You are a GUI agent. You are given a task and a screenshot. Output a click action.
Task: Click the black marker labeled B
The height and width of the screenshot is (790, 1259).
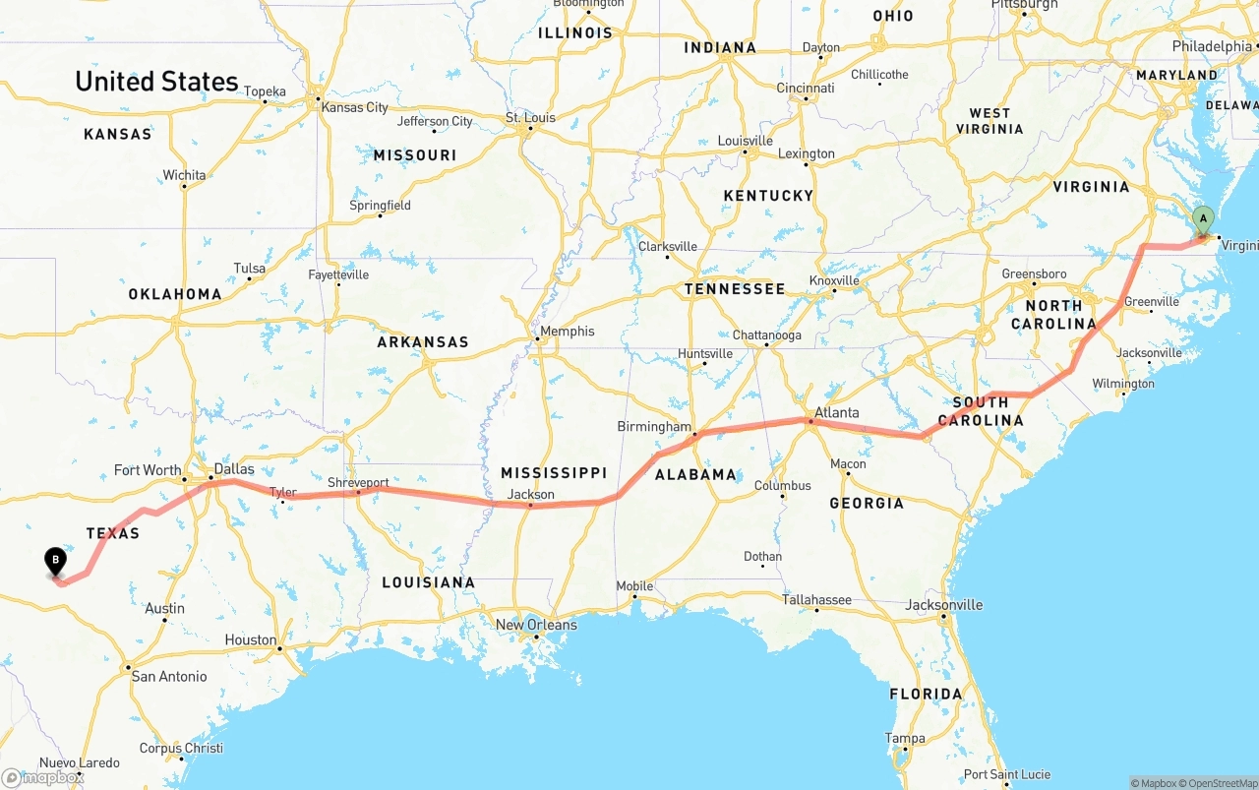click(x=56, y=561)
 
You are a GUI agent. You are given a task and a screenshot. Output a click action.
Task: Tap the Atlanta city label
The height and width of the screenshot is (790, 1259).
click(x=837, y=412)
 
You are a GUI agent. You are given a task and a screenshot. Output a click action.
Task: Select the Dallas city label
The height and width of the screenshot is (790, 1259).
click(x=234, y=469)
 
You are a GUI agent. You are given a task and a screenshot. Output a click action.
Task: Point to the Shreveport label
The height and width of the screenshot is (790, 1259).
click(x=358, y=483)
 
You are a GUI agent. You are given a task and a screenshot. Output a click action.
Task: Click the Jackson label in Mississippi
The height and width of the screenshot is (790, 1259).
click(x=531, y=494)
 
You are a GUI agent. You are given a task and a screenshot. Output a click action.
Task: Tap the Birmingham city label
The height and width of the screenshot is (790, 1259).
click(x=654, y=427)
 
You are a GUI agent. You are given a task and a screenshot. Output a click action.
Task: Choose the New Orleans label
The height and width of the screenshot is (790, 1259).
click(x=536, y=625)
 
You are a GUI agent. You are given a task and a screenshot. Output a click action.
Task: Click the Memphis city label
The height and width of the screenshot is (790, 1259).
click(x=568, y=332)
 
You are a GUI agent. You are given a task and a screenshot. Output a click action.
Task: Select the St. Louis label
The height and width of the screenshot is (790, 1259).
click(x=531, y=118)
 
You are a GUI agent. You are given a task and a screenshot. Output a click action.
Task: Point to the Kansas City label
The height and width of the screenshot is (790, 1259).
click(x=355, y=107)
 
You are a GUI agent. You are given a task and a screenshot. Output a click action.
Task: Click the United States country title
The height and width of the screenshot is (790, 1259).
click(x=156, y=81)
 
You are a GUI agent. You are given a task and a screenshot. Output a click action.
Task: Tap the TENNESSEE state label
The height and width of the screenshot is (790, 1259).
click(x=735, y=288)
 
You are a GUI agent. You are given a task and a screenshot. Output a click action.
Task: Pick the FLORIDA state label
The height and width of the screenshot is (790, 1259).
click(x=926, y=694)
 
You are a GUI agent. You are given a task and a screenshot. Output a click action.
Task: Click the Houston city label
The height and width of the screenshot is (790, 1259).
click(x=251, y=639)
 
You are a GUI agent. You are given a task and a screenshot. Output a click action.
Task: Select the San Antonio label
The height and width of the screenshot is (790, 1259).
click(x=169, y=676)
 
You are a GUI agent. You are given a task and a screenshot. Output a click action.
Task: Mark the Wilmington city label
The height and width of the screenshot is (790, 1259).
click(x=1122, y=384)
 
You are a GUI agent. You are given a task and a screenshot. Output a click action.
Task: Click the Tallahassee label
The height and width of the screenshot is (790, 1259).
click(x=816, y=599)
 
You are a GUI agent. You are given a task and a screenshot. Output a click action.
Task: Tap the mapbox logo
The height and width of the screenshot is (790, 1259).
click(x=43, y=777)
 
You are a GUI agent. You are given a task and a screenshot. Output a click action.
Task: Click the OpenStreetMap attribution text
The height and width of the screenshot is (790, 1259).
click(x=1221, y=783)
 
